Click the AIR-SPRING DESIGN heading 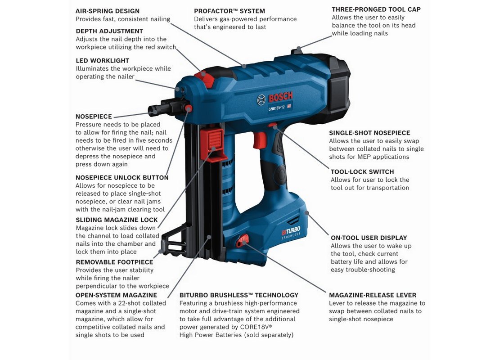(x=108, y=11)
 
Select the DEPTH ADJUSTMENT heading (x=109, y=31)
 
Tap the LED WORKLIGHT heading (x=102, y=61)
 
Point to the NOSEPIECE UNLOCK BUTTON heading (x=122, y=178)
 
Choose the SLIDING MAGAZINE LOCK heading (x=117, y=220)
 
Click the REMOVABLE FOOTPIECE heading (x=114, y=262)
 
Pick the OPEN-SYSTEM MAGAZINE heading (x=116, y=295)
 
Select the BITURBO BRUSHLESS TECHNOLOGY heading (x=239, y=295)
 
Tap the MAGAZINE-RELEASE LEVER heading (x=373, y=295)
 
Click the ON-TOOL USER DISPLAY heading (x=369, y=238)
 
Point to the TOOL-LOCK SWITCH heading (x=362, y=172)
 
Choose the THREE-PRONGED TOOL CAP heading (x=376, y=9)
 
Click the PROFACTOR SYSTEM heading (x=229, y=11)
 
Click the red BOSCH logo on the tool (x=280, y=97)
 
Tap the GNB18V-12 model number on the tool (x=276, y=108)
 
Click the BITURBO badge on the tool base (x=291, y=232)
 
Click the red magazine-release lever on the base (x=242, y=241)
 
